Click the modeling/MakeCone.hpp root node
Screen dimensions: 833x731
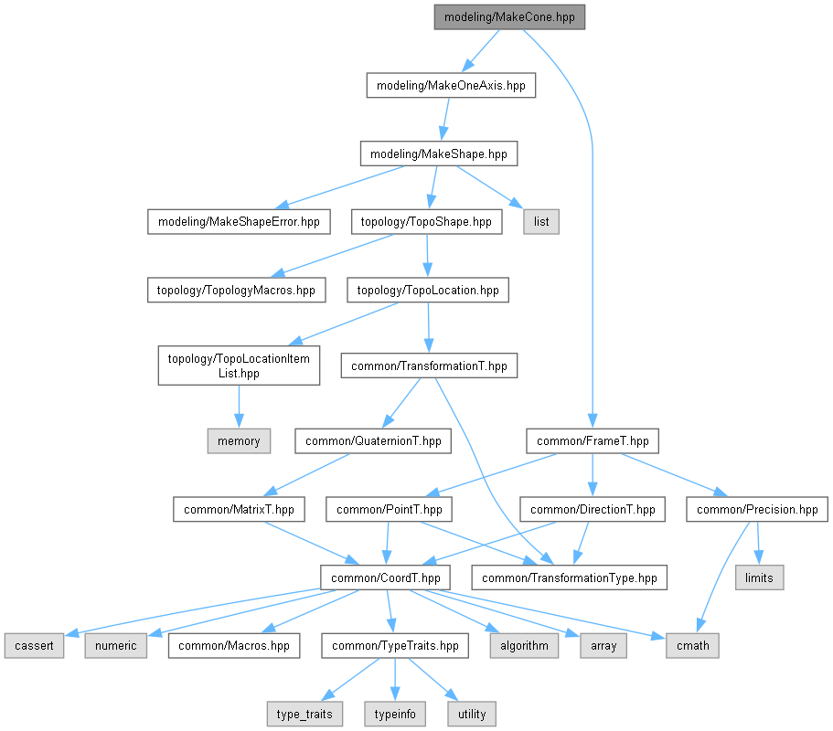tap(509, 17)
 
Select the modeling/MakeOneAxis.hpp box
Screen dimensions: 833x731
tap(451, 86)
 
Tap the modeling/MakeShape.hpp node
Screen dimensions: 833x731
tap(439, 154)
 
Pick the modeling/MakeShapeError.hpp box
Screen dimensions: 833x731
tap(239, 222)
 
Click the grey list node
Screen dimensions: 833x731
tap(541, 222)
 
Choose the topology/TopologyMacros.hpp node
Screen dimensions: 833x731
tap(237, 291)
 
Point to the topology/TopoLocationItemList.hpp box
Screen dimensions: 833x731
tap(239, 365)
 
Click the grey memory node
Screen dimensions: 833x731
tap(239, 441)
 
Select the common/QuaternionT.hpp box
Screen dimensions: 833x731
tap(373, 441)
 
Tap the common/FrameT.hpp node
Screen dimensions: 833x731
tap(593, 441)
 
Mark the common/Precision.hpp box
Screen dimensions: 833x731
tap(757, 510)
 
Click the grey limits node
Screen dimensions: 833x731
tap(759, 577)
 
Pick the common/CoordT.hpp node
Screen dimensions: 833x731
tap(386, 577)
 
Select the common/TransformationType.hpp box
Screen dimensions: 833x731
tap(570, 577)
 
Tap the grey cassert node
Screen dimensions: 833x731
tap(34, 646)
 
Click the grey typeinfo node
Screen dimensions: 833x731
tap(395, 714)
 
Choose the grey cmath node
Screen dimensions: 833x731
tap(693, 646)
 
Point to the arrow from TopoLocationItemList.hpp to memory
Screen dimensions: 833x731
tap(239, 407)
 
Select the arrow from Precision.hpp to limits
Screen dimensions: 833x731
tap(758, 544)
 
